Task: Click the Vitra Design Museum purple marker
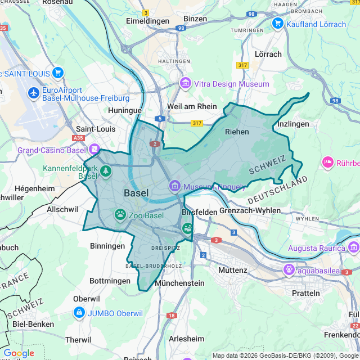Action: pyautogui.click(x=185, y=84)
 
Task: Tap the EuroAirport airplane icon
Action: pyautogui.click(x=34, y=92)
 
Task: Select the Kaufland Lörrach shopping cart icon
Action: pyautogui.click(x=277, y=24)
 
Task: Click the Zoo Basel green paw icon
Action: pyautogui.click(x=120, y=214)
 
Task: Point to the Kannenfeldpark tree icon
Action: pyautogui.click(x=106, y=170)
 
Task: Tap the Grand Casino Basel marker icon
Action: pyautogui.click(x=94, y=150)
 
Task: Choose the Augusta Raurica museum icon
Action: pyautogui.click(x=353, y=248)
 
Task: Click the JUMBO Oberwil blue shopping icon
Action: pyautogui.click(x=79, y=313)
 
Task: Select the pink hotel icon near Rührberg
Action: pyautogui.click(x=327, y=163)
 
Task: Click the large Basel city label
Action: pyautogui.click(x=136, y=193)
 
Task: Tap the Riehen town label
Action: pyautogui.click(x=237, y=132)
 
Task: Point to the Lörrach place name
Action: pyautogui.click(x=268, y=54)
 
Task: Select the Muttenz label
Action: pyautogui.click(x=232, y=270)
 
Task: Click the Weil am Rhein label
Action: pyautogui.click(x=192, y=107)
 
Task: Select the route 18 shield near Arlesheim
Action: pyautogui.click(x=171, y=316)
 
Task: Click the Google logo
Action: pyautogui.click(x=19, y=353)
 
